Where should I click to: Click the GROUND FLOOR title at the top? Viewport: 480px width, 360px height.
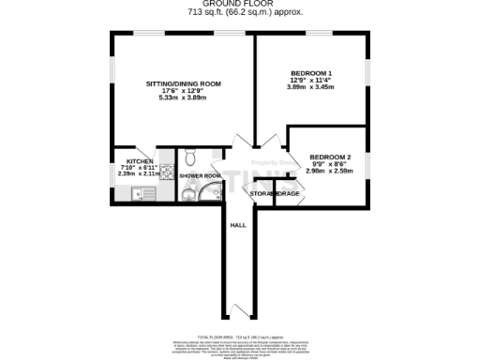point(239,5)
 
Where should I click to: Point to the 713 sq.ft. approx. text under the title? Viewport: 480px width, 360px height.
point(239,14)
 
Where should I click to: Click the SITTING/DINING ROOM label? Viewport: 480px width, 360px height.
point(183,83)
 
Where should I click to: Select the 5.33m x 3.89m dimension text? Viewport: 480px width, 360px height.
point(183,97)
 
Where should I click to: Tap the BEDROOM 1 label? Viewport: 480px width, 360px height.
point(311,72)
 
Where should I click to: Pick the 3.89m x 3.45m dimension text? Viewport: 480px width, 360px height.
point(311,87)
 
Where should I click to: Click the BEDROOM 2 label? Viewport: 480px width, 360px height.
point(330,157)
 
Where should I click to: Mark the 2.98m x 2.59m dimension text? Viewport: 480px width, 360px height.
point(330,171)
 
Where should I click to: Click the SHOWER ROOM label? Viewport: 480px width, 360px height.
point(200,175)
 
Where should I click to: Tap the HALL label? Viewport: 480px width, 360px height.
point(239,225)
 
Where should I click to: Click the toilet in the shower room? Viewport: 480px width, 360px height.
point(190,157)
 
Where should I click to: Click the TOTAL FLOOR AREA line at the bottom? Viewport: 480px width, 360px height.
point(239,335)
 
